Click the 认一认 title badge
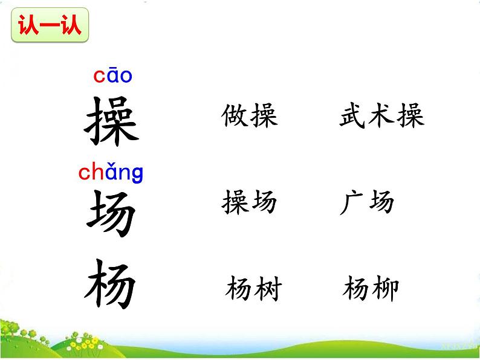tap(50, 27)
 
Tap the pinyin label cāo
tap(112, 76)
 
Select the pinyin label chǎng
tap(111, 173)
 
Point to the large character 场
tap(111, 212)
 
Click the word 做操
tap(250, 115)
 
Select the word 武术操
tap(381, 115)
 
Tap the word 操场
tap(250, 202)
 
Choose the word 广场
tap(367, 202)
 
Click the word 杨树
tap(254, 289)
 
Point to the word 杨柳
tap(371, 289)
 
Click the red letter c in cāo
tap(99, 77)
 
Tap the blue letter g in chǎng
tap(137, 175)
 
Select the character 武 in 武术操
tap(353, 115)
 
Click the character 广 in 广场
tap(352, 202)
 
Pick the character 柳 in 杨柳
tap(385, 289)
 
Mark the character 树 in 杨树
tap(268, 289)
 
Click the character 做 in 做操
tap(235, 115)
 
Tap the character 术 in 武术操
tap(381, 115)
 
